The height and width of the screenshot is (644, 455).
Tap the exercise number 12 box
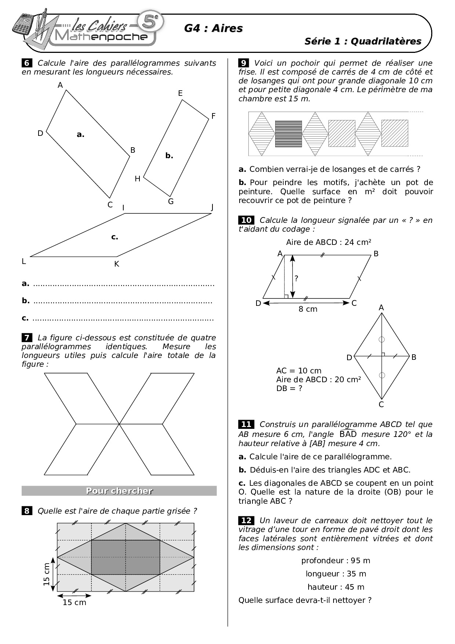246,520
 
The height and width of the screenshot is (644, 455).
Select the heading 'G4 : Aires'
213,28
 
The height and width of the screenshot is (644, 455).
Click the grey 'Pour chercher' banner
119,491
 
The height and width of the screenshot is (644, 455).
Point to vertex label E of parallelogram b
180,93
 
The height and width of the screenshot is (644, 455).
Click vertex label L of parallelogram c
24,261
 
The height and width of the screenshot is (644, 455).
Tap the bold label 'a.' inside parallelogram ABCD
80,135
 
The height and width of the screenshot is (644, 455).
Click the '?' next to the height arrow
296,278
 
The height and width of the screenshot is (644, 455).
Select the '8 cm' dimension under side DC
307,309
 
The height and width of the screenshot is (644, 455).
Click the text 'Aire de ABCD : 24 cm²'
328,242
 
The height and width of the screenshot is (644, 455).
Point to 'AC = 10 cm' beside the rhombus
299,370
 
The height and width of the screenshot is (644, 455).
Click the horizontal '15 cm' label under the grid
74,603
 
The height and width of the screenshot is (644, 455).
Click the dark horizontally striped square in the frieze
288,134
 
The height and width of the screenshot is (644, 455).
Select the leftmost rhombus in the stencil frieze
262,134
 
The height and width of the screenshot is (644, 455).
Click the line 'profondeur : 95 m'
335,561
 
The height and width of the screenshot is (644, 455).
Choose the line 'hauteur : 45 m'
335,587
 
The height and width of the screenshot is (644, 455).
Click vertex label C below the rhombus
381,405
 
